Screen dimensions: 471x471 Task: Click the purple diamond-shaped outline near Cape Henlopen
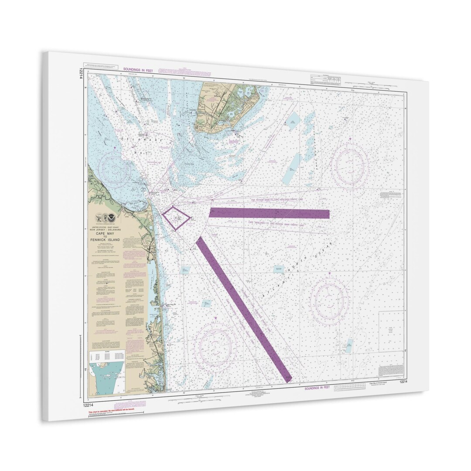(176, 218)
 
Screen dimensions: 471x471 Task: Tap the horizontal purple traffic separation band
(269, 213)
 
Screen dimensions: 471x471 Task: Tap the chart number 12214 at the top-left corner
(82, 72)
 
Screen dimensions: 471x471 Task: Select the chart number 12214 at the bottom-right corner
(404, 382)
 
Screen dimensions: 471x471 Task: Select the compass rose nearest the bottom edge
(215, 344)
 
